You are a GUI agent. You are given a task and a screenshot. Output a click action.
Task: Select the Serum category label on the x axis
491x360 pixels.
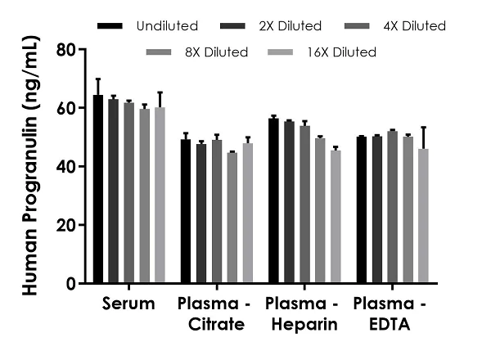129,304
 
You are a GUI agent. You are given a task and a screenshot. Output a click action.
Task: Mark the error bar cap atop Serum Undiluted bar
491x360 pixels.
98,79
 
